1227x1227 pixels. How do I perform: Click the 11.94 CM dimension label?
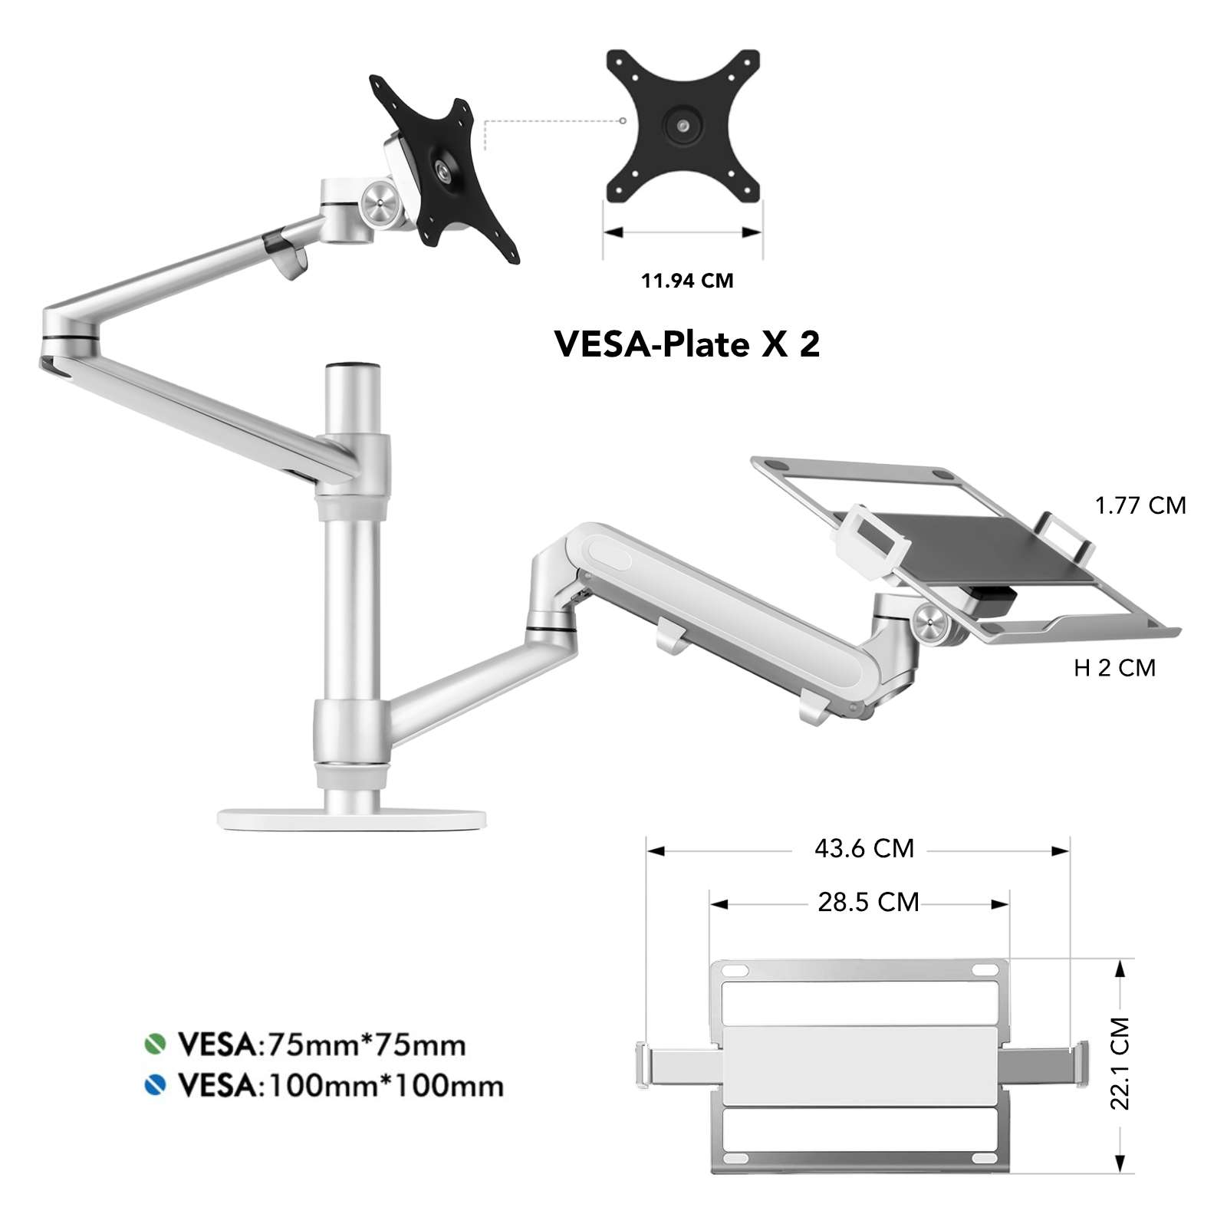click(x=687, y=281)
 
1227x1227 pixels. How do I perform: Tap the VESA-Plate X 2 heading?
click(x=686, y=344)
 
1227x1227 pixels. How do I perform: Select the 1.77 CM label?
click(x=1140, y=505)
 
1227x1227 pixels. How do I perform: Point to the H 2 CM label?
click(x=1114, y=668)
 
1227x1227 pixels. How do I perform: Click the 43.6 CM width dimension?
click(x=864, y=849)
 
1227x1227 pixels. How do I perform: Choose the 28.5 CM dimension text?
click(x=867, y=903)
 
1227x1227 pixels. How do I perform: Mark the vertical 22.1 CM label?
click(x=1120, y=1063)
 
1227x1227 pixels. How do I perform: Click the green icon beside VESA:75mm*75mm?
click(x=155, y=1044)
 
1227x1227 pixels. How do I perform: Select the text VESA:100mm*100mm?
click(x=340, y=1086)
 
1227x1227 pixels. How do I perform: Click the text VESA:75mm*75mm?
click(x=322, y=1044)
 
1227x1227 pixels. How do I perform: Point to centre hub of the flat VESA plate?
click(x=683, y=123)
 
